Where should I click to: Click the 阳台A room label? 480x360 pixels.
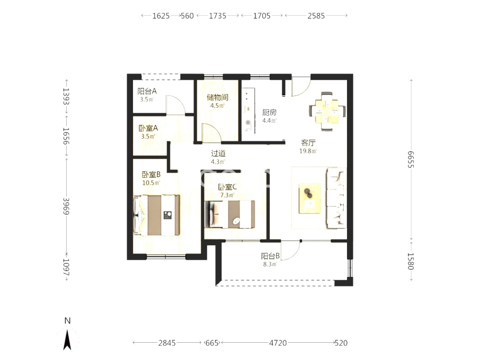point(147,91)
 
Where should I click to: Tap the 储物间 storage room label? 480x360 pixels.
point(217,97)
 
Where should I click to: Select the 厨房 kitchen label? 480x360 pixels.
point(269,112)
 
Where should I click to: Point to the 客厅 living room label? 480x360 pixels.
point(308,143)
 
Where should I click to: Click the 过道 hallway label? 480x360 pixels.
point(218,154)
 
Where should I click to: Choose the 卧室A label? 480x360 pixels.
point(148,128)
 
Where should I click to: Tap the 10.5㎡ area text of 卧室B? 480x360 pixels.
point(151,183)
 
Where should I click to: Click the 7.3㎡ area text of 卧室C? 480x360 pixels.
point(228,195)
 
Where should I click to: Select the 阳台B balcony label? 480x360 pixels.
point(270,256)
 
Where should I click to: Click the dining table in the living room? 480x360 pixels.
point(327,111)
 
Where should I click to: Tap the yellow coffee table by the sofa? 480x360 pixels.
point(310,198)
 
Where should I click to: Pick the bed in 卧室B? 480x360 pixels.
point(156,216)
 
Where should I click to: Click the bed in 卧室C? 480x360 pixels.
point(229,214)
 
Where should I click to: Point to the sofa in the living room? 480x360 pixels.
point(336,198)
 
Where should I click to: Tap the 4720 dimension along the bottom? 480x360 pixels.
point(278,343)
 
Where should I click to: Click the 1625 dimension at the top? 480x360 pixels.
point(161,16)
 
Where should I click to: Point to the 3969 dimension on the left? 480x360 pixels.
point(66,206)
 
